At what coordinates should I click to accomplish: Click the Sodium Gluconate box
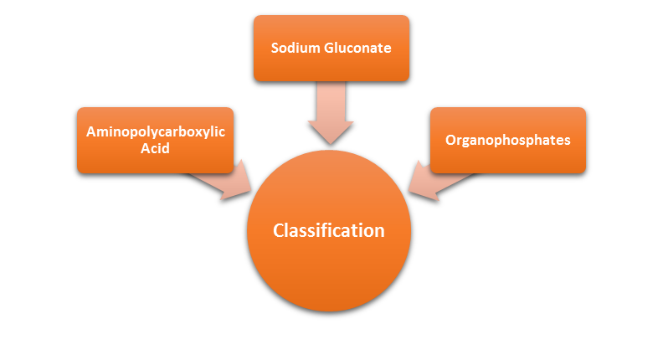point(331,48)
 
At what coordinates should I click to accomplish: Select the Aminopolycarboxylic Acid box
point(155,140)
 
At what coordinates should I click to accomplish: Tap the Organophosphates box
point(508,140)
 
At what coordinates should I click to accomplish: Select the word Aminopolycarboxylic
point(156,131)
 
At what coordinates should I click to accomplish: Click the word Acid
point(155,148)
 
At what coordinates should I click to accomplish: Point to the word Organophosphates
point(508,140)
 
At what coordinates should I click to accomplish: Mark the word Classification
point(329,230)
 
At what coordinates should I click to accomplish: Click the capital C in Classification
point(280,230)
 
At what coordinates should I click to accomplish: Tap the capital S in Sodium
point(275,48)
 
